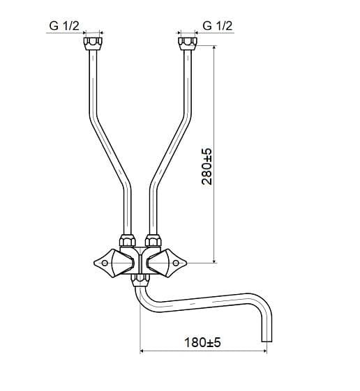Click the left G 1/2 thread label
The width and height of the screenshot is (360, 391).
click(64, 26)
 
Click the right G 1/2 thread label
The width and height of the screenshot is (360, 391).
click(218, 26)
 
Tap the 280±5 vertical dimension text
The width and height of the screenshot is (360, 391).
click(207, 167)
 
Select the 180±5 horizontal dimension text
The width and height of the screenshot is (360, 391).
click(202, 342)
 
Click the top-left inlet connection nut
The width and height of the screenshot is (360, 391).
click(93, 44)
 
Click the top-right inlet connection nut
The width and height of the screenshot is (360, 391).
click(188, 44)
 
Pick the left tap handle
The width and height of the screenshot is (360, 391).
click(114, 263)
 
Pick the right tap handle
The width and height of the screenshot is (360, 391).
click(167, 263)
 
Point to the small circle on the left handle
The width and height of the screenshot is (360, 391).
click(105, 263)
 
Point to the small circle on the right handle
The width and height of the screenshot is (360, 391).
click(176, 263)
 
